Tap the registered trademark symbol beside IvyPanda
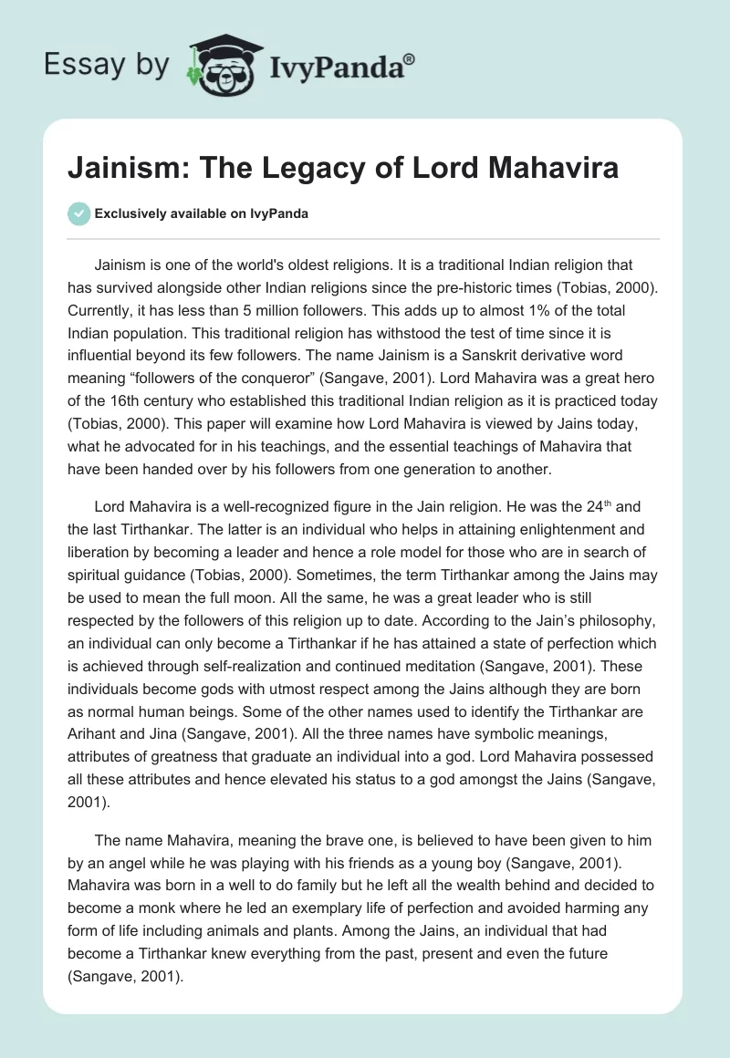coord(410,59)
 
